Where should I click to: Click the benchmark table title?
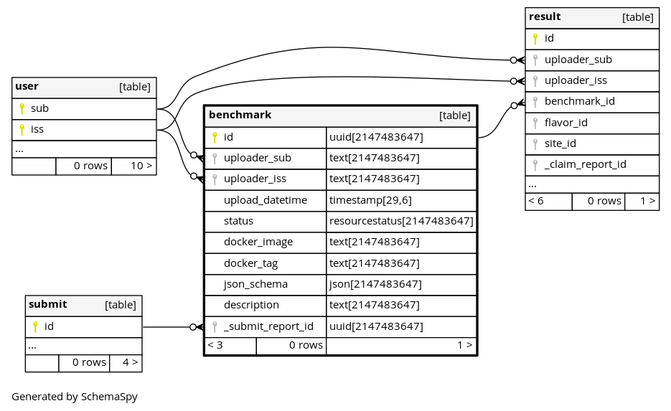click(x=240, y=115)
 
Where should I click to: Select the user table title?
click(x=27, y=86)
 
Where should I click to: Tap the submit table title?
click(x=48, y=305)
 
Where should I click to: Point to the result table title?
click(x=545, y=16)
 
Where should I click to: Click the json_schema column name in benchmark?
click(x=255, y=285)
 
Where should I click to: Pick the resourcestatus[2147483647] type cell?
click(x=401, y=221)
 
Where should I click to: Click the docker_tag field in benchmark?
click(x=250, y=263)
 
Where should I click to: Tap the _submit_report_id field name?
click(x=268, y=327)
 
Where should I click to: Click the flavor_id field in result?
click(x=566, y=123)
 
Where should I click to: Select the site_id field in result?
click(x=560, y=143)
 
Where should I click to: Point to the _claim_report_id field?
click(x=586, y=165)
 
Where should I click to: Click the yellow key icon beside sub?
click(x=22, y=109)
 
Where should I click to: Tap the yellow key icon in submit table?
click(x=35, y=327)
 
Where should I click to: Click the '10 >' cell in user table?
click(x=141, y=166)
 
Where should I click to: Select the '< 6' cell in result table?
click(x=536, y=201)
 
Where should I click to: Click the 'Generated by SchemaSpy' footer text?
click(x=75, y=397)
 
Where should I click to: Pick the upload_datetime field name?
click(x=266, y=200)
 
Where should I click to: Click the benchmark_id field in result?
click(x=579, y=101)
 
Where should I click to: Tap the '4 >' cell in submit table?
click(x=130, y=363)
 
